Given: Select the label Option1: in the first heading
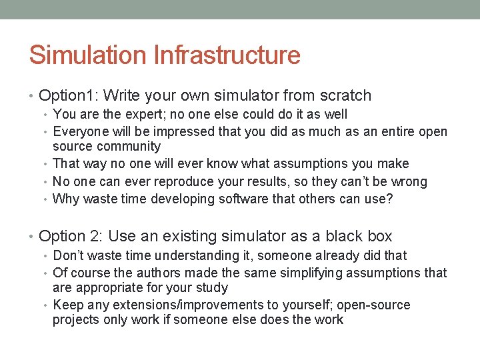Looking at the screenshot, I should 69,96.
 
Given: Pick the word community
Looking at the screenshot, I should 129,147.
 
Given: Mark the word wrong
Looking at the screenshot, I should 409,181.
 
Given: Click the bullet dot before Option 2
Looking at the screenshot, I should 33,237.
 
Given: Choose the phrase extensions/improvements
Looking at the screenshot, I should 171,305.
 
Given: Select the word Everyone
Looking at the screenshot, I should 79,131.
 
